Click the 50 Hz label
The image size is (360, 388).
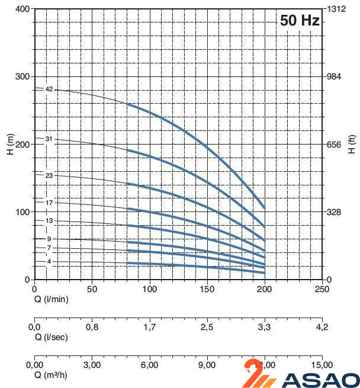[x=300, y=20]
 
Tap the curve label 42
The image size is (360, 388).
[x=49, y=89]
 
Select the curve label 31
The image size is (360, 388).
[x=49, y=139]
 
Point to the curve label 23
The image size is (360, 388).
[x=49, y=175]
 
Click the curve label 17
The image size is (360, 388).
[x=49, y=203]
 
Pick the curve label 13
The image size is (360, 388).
[x=49, y=220]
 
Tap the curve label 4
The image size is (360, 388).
[x=49, y=261]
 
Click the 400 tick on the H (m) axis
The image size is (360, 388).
[x=22, y=9]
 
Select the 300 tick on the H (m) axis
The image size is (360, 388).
[x=22, y=77]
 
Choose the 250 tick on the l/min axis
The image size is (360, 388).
[x=322, y=289]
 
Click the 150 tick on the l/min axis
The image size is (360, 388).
[x=207, y=289]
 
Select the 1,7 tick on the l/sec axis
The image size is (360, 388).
[x=149, y=327]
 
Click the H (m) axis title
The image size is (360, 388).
[x=11, y=145]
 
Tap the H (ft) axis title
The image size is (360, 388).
[x=351, y=145]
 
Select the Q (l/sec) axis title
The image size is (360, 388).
[x=51, y=337]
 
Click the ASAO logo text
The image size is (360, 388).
[x=320, y=380]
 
